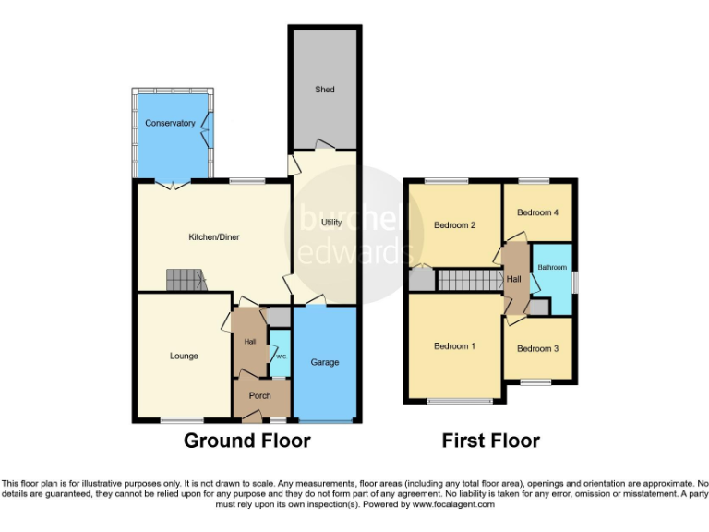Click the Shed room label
point(324,90)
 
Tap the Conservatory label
point(170,123)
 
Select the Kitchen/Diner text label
point(214,237)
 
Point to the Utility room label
point(331,223)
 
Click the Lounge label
point(184,356)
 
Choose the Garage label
point(325,362)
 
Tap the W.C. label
point(279,357)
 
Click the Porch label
point(260,396)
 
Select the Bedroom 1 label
point(454,346)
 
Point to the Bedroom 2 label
point(454,225)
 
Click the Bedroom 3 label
point(537,348)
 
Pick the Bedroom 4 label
point(537,212)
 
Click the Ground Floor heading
point(246,441)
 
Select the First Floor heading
point(490,441)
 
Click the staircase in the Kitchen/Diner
point(186,279)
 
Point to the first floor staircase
point(466,280)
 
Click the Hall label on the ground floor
point(249,342)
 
